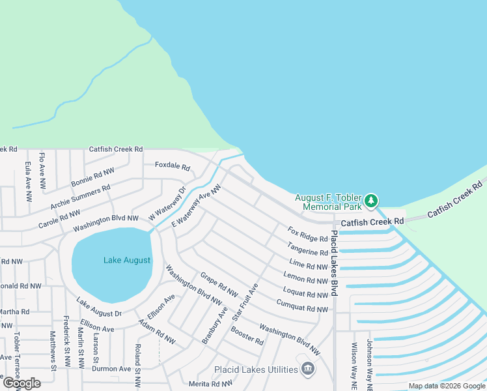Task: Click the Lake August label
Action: pyautogui.click(x=127, y=260)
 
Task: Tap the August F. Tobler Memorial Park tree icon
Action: pyautogui.click(x=371, y=200)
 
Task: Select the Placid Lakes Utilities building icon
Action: pyautogui.click(x=308, y=370)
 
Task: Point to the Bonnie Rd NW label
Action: pyautogui.click(x=92, y=176)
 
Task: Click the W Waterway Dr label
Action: pyautogui.click(x=163, y=203)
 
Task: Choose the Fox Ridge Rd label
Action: pyautogui.click(x=308, y=235)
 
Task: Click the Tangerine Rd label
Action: pyautogui.click(x=309, y=248)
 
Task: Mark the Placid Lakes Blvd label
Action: pyautogui.click(x=334, y=263)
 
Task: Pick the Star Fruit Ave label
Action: pyautogui.click(x=245, y=301)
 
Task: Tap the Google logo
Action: pyautogui.click(x=22, y=383)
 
